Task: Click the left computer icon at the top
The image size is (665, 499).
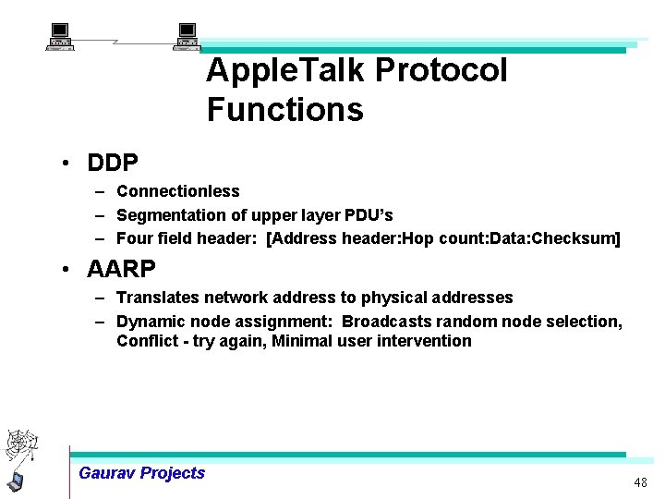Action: [x=60, y=36]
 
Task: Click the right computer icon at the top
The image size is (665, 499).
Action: [x=187, y=36]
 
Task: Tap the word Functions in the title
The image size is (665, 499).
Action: [x=284, y=110]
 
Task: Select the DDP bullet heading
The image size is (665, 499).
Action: [x=113, y=164]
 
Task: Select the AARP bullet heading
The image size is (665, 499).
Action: [x=121, y=270]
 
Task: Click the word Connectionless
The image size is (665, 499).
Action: [x=177, y=191]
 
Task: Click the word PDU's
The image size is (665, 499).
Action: [x=369, y=215]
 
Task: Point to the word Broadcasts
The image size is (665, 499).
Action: [x=388, y=322]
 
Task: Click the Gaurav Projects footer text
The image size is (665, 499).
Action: [x=141, y=473]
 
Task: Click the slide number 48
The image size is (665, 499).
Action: [x=640, y=483]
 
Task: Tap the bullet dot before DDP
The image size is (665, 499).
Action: [x=67, y=164]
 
